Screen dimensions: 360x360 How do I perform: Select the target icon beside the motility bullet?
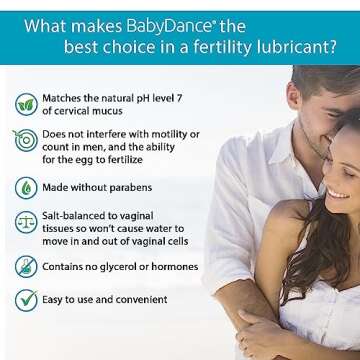25,141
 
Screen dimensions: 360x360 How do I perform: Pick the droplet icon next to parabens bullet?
25,187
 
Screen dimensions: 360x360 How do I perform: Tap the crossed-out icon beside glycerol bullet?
25,267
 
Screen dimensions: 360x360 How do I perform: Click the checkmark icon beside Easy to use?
25,297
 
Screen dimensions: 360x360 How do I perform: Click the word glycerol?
131,267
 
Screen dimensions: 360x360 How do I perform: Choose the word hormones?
176,267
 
